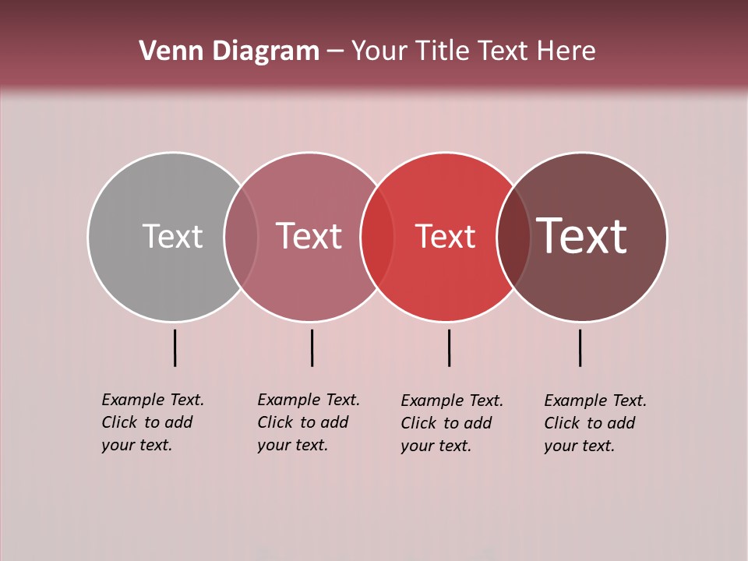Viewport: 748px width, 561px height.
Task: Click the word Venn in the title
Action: click(162, 51)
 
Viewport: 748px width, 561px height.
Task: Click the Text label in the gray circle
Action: click(172, 236)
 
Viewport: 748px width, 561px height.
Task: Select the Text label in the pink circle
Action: click(309, 236)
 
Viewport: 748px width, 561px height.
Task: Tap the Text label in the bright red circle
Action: click(445, 236)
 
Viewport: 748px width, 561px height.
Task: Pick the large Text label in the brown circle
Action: click(582, 236)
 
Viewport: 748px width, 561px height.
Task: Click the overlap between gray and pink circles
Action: click(241, 237)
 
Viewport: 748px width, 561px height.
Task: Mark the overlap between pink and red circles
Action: click(377, 237)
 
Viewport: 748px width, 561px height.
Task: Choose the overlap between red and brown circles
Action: click(513, 237)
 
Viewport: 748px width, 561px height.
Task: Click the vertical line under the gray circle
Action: click(175, 348)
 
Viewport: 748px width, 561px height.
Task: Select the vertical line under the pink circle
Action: click(312, 348)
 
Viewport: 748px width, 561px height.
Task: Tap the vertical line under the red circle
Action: click(449, 348)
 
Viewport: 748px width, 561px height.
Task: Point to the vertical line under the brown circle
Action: click(580, 348)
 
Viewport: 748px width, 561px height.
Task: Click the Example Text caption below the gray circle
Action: click(153, 422)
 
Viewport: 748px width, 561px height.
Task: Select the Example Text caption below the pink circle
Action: click(309, 422)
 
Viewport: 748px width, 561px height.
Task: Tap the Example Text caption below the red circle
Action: click(452, 423)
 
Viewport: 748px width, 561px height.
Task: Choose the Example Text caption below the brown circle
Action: click(595, 423)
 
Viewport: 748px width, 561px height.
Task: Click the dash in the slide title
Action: click(335, 51)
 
